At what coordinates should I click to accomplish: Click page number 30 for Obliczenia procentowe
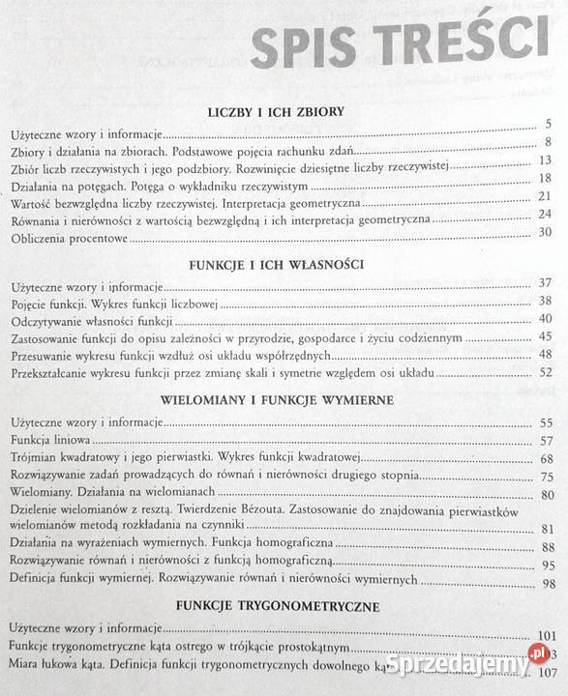tap(544, 232)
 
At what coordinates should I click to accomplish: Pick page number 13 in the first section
tap(545, 159)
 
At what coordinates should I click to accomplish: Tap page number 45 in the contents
tap(545, 336)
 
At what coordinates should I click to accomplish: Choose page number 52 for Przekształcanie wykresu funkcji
tap(545, 372)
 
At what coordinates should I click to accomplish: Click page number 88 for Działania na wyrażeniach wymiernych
tap(547, 547)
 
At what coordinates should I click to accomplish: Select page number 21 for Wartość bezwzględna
tap(545, 196)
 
